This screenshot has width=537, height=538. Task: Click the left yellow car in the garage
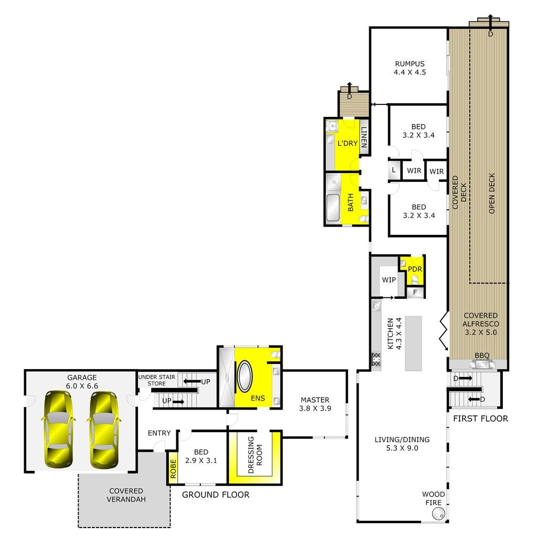click(58, 430)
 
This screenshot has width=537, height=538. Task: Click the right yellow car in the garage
click(103, 430)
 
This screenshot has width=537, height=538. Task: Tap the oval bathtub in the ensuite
click(245, 376)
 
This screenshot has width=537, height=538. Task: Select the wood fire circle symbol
click(438, 514)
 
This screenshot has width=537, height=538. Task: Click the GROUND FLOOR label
click(216, 495)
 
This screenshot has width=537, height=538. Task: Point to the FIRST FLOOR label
click(480, 418)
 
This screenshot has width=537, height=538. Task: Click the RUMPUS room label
click(410, 64)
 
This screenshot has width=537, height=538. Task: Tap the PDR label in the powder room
click(415, 270)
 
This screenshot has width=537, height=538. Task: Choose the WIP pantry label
click(389, 279)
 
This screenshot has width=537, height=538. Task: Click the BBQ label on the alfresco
click(482, 356)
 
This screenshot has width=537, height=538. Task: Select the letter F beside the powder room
click(415, 292)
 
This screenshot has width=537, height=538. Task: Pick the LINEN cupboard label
click(364, 137)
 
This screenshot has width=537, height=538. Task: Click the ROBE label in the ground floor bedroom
click(173, 469)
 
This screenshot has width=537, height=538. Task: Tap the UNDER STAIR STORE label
click(156, 380)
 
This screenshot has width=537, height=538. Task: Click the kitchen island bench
click(413, 343)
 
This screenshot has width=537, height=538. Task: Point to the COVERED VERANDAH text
click(126, 495)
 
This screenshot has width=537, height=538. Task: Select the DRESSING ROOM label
click(255, 455)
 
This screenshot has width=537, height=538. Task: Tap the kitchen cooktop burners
click(377, 359)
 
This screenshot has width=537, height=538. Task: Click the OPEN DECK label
click(492, 193)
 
